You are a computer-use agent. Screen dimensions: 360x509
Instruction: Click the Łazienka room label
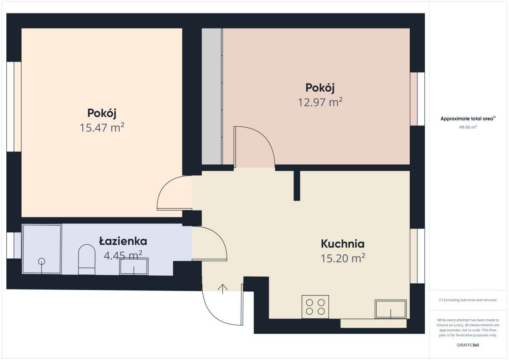coord(123,241)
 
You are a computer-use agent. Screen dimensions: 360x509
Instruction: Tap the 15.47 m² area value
coord(102,128)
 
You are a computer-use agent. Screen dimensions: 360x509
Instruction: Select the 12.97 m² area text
coord(320,102)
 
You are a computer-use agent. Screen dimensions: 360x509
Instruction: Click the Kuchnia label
coord(342,244)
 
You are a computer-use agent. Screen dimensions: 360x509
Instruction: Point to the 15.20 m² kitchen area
coord(343,258)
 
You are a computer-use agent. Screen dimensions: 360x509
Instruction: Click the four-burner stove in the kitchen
coord(315,307)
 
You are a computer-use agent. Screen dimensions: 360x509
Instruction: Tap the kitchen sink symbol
coord(390,309)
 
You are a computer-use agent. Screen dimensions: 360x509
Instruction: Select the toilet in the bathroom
coord(87,259)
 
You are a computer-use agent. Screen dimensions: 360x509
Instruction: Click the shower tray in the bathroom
coord(42,249)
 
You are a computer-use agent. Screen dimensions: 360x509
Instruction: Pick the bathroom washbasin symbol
coord(134,267)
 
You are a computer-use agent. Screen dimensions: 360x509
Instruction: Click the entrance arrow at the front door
coord(223,289)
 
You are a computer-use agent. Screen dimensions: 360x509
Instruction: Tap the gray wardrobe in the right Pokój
coord(212,96)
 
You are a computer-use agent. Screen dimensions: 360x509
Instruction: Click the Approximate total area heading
coord(467,119)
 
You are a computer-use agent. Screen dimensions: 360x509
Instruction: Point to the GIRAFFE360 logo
coord(467,345)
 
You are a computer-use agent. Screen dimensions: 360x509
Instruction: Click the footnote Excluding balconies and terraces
coord(467,300)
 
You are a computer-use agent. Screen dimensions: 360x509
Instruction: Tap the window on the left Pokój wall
coord(14,107)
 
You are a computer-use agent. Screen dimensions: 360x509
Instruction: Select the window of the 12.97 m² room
coord(417,99)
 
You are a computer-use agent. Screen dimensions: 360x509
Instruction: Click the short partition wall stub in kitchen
coord(296,185)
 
